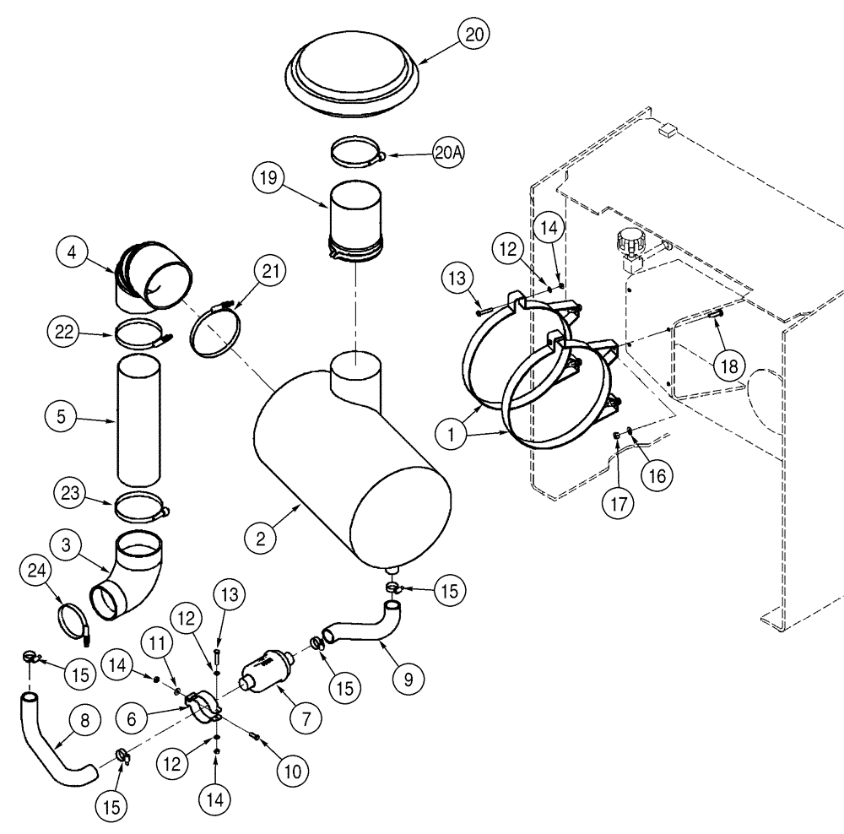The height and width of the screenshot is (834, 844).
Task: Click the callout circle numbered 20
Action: click(x=474, y=34)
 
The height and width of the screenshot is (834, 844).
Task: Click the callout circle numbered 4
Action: click(x=74, y=252)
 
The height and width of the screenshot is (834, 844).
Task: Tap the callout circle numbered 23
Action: click(x=74, y=493)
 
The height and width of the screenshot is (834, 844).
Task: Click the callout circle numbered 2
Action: click(x=262, y=536)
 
